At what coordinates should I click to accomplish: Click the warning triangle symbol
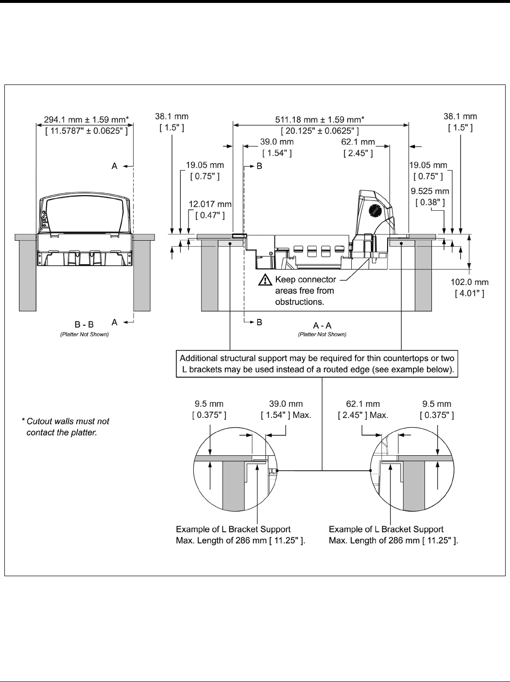(x=265, y=280)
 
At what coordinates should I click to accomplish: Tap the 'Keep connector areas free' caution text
(x=305, y=290)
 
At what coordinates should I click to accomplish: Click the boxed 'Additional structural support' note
(x=317, y=364)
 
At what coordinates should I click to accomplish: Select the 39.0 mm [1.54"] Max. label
(x=286, y=409)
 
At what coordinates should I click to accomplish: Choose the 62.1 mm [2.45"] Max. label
(x=363, y=409)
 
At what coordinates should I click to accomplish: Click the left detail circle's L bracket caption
(x=240, y=535)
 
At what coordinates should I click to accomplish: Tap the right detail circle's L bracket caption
(x=393, y=535)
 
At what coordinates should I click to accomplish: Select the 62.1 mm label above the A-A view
(x=358, y=147)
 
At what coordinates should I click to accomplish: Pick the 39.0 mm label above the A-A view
(x=277, y=147)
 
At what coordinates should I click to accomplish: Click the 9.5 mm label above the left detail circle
(x=209, y=409)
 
